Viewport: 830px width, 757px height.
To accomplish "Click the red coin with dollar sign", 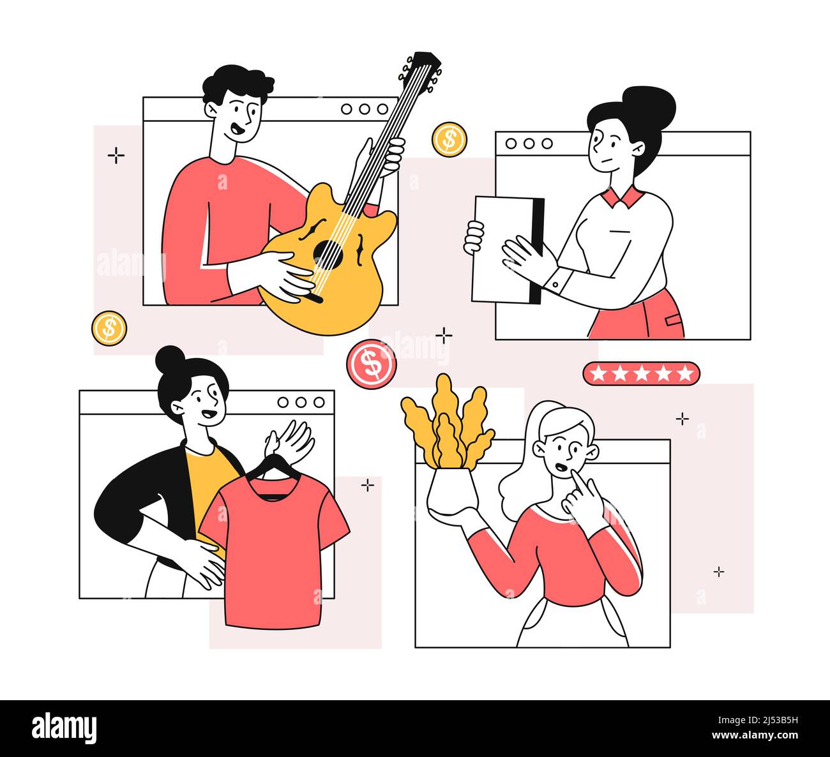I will pos(371,364).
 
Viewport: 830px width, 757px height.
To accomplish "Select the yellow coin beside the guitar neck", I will pos(449,139).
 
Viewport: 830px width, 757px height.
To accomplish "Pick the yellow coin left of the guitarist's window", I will pos(109,328).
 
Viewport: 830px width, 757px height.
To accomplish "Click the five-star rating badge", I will pos(641,373).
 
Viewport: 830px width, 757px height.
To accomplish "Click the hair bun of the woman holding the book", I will pos(650,106).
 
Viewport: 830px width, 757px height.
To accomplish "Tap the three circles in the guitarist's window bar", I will pos(365,109).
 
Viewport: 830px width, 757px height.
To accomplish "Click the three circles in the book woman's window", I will pos(529,144).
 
